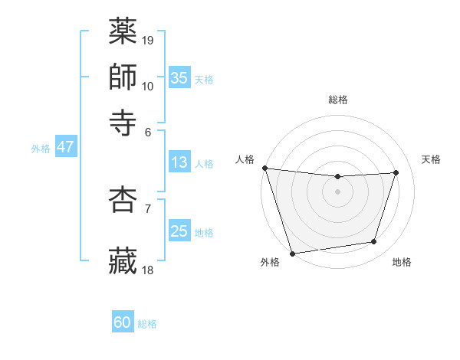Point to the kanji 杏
(x=123, y=199)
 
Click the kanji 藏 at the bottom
(x=123, y=260)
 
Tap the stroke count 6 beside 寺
(x=148, y=132)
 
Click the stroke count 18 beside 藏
(x=149, y=270)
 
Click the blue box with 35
(x=179, y=77)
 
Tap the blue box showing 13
(x=179, y=162)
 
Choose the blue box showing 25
(x=179, y=231)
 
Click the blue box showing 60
(x=123, y=322)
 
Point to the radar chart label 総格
(x=338, y=100)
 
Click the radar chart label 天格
(x=431, y=159)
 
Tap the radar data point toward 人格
(x=264, y=168)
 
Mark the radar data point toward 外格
(x=293, y=254)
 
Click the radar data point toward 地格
(x=374, y=242)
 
